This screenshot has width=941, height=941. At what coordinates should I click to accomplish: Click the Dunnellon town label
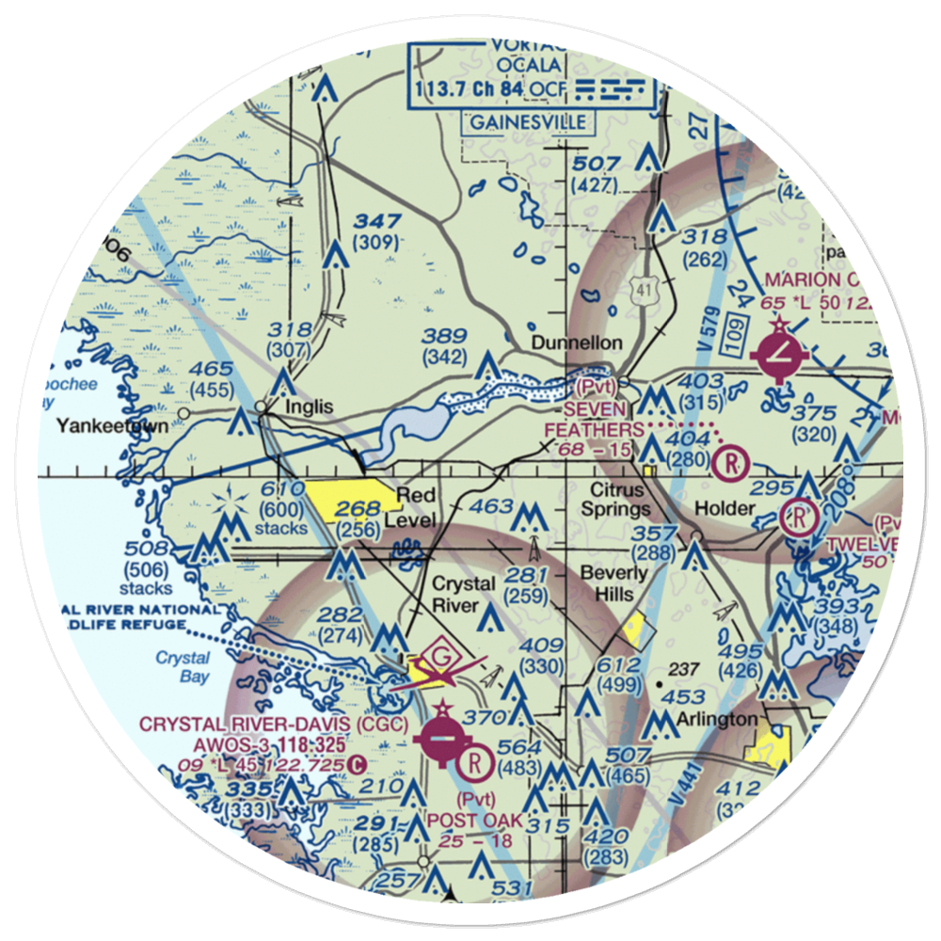coord(577,343)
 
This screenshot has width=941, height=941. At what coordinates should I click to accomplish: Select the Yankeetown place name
coord(112,426)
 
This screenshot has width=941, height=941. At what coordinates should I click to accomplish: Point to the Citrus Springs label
coord(617,500)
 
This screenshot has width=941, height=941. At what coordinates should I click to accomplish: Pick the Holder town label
coord(726,509)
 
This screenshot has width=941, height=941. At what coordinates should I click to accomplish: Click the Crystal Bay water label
coord(183,666)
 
